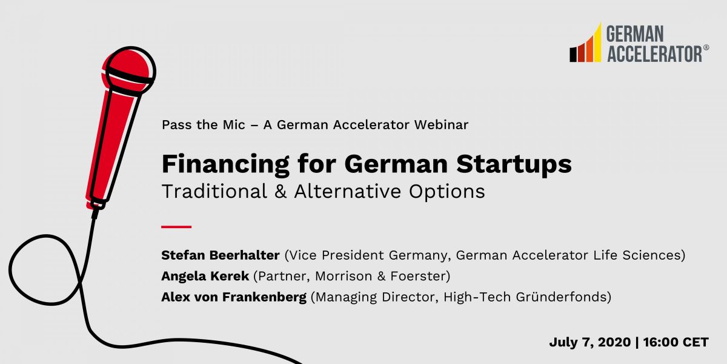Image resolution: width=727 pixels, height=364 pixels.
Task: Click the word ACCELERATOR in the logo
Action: pyautogui.click(x=653, y=53)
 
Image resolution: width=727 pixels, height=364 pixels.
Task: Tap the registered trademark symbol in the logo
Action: pyautogui.click(x=706, y=47)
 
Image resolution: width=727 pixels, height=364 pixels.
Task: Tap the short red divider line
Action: pyautogui.click(x=176, y=227)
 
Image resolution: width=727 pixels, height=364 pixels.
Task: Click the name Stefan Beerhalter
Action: pyautogui.click(x=221, y=255)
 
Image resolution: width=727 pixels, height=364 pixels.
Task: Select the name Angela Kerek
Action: pyautogui.click(x=205, y=277)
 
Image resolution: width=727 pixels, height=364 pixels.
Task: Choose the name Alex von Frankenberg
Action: pyautogui.click(x=234, y=298)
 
